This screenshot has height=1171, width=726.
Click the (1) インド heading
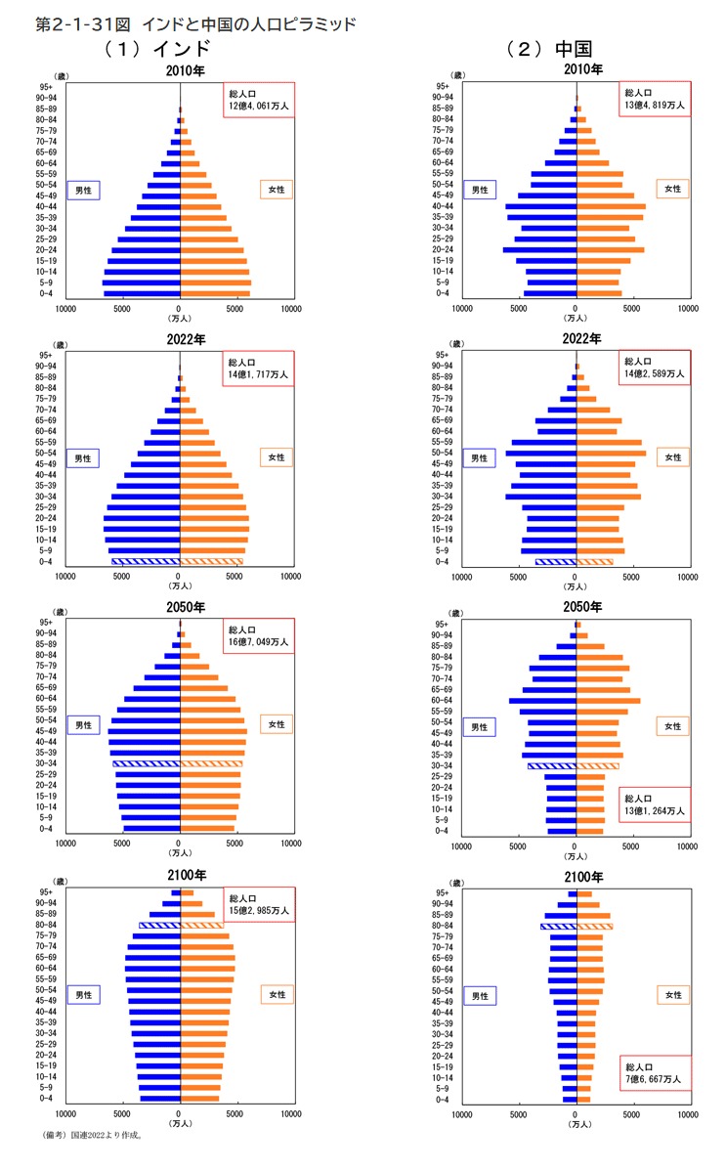click(x=157, y=49)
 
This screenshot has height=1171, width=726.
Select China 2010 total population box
click(x=652, y=99)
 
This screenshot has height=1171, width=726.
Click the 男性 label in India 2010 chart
click(x=84, y=190)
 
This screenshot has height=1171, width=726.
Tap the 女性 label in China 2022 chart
click(x=672, y=456)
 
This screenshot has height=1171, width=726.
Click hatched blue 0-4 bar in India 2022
click(x=146, y=562)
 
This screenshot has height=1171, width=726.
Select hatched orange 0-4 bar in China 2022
click(x=595, y=562)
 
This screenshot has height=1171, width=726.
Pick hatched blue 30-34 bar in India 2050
click(x=147, y=763)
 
